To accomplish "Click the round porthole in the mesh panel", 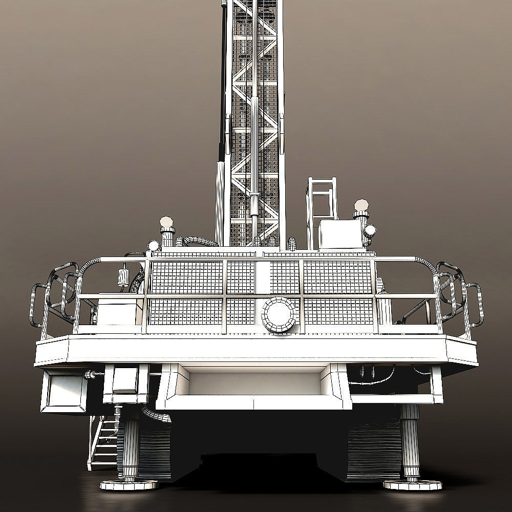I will coord(279,314).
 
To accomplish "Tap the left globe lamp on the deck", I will coord(166,222).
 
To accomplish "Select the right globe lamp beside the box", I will coord(361,205).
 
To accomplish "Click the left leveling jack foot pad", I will coord(129,484).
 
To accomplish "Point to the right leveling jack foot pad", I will coord(412,484).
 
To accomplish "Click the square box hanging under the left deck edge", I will coord(63,391).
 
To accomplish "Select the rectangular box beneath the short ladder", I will coord(339,234).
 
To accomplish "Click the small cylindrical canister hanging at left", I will coord(123,277).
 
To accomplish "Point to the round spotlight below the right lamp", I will coord(370,231).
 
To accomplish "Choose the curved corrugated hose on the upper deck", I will coord(201,240).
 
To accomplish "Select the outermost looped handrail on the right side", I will coord(475,305).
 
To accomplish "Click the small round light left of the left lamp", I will coord(153,245).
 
